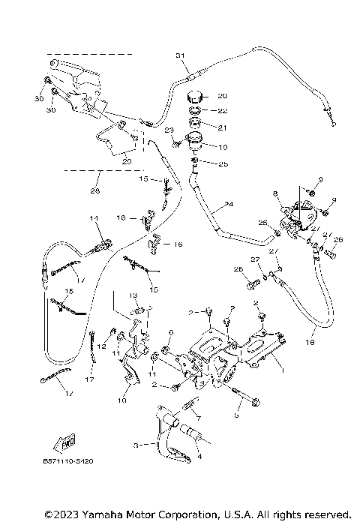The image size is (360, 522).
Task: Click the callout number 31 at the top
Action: (x=179, y=56)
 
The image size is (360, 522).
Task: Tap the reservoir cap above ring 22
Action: (x=197, y=97)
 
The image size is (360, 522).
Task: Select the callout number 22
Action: (x=221, y=112)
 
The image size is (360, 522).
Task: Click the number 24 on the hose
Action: (x=228, y=204)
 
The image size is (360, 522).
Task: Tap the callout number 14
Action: (x=94, y=218)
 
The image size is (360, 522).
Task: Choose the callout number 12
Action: (x=101, y=336)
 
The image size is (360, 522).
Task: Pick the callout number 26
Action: (x=337, y=240)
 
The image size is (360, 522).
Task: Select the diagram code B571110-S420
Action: (x=64, y=472)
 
